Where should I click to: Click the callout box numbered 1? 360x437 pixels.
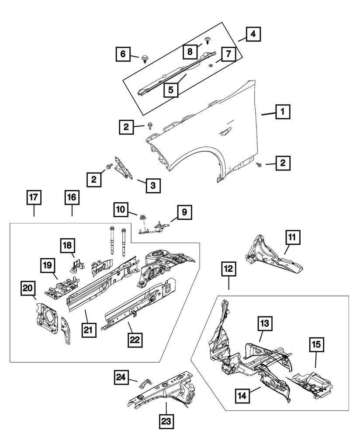pyautogui.click(x=282, y=113)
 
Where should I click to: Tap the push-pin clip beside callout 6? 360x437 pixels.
pyautogui.click(x=145, y=58)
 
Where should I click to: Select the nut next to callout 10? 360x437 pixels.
pyautogui.click(x=142, y=217)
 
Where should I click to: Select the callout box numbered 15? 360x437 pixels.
pyautogui.click(x=317, y=345)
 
